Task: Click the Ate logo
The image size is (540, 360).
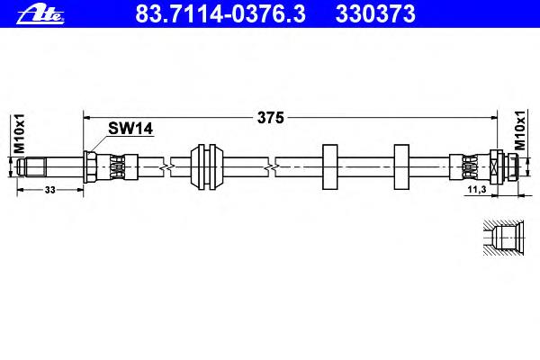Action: click(x=40, y=14)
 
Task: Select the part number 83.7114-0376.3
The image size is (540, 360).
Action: click(x=220, y=13)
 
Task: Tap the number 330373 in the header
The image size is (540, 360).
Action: click(x=375, y=13)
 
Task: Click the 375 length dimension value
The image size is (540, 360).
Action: click(x=271, y=118)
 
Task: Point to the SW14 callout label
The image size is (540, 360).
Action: click(x=130, y=129)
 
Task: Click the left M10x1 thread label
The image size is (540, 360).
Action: click(x=19, y=133)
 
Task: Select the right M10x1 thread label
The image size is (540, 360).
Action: click(x=520, y=130)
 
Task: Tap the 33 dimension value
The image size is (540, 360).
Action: click(x=49, y=190)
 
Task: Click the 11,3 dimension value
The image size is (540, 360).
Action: click(x=477, y=189)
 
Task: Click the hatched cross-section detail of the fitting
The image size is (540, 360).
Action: click(x=503, y=238)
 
